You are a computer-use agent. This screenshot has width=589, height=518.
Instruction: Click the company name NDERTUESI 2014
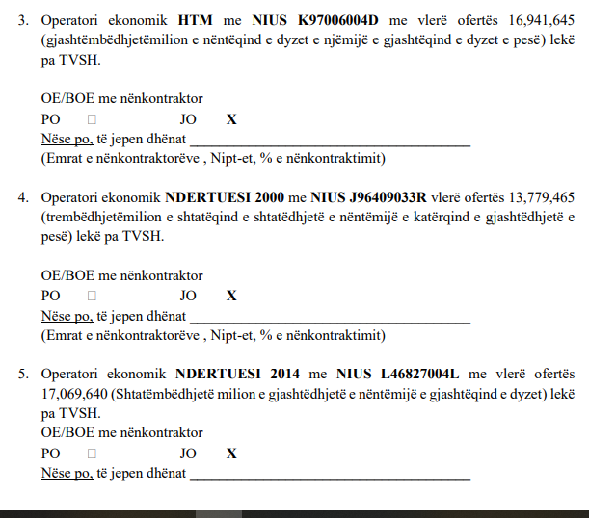tap(228, 374)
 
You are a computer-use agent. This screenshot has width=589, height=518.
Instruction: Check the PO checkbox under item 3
tap(92, 119)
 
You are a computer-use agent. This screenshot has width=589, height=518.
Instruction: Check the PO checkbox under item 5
tap(92, 453)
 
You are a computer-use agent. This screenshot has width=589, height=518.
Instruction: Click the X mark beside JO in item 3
tap(230, 119)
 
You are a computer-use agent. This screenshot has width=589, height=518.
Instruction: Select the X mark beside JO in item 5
tap(230, 453)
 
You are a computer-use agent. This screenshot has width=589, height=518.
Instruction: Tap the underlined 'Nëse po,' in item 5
tap(67, 474)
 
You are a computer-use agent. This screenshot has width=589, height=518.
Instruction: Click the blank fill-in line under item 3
tap(330, 141)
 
